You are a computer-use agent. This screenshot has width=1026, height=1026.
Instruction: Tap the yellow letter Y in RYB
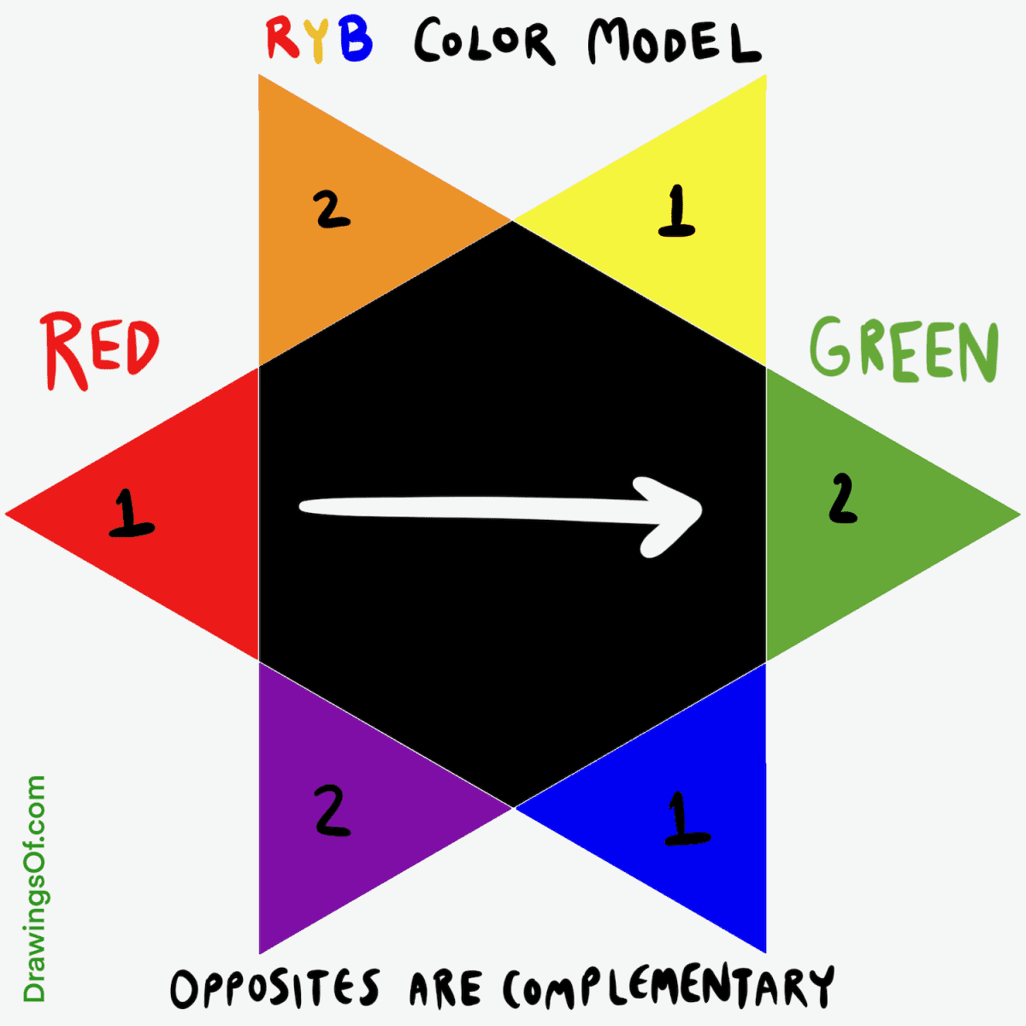click(318, 40)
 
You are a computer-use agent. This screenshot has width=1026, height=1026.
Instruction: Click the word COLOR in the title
click(483, 42)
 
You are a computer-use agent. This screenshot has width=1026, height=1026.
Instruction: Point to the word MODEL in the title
click(673, 42)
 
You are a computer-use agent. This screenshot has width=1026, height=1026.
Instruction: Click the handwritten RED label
click(101, 351)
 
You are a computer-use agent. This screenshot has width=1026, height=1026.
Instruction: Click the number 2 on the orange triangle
click(332, 209)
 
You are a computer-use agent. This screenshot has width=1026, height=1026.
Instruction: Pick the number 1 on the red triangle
click(131, 513)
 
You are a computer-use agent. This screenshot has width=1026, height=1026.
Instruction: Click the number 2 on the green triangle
click(842, 499)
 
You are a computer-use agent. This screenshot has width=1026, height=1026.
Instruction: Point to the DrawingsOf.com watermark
click(35, 889)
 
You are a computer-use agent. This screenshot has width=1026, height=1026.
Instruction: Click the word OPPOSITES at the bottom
click(274, 989)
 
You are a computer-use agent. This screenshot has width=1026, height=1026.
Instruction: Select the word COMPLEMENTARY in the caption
click(667, 989)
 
